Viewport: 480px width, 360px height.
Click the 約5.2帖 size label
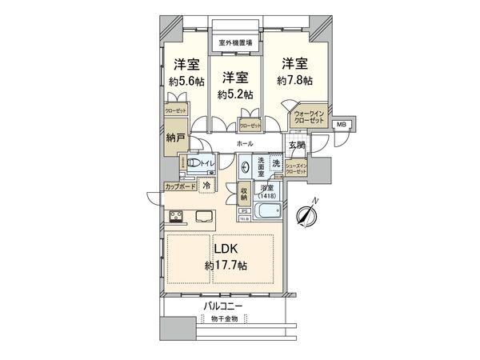pos(235,94)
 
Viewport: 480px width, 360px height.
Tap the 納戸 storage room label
pos(176,138)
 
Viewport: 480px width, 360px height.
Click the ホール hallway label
pos(245,143)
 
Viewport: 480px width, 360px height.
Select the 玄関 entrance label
pos(296,145)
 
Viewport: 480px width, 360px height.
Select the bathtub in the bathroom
pos(265,213)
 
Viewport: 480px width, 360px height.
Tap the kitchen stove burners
pos(176,215)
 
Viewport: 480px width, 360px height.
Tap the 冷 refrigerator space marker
pos(207,185)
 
